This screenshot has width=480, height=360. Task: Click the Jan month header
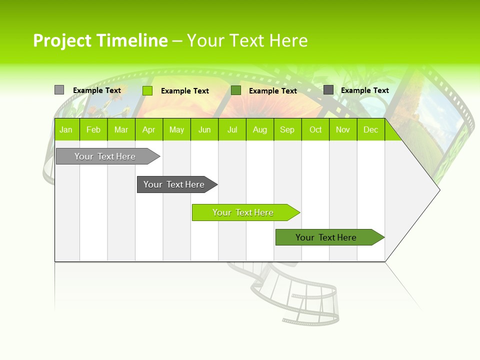point(66,129)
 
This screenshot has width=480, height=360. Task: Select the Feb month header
point(93,129)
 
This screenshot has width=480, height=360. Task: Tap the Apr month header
point(148,129)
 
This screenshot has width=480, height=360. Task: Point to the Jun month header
point(204,129)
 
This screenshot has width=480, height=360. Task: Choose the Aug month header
point(259,129)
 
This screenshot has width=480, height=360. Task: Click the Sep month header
point(287,129)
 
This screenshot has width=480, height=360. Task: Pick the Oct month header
point(315,129)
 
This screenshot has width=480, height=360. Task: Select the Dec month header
point(370,129)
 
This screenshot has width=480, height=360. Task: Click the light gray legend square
point(59,90)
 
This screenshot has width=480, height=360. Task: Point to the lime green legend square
point(147,90)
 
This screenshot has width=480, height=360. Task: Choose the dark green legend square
point(236,90)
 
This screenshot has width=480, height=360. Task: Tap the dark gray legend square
point(328,90)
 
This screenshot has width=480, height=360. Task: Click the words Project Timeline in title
point(100,40)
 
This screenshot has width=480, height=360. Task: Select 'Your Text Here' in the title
point(247,40)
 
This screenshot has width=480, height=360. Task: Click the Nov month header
point(343,129)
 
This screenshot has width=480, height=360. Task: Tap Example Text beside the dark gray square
point(364,90)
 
